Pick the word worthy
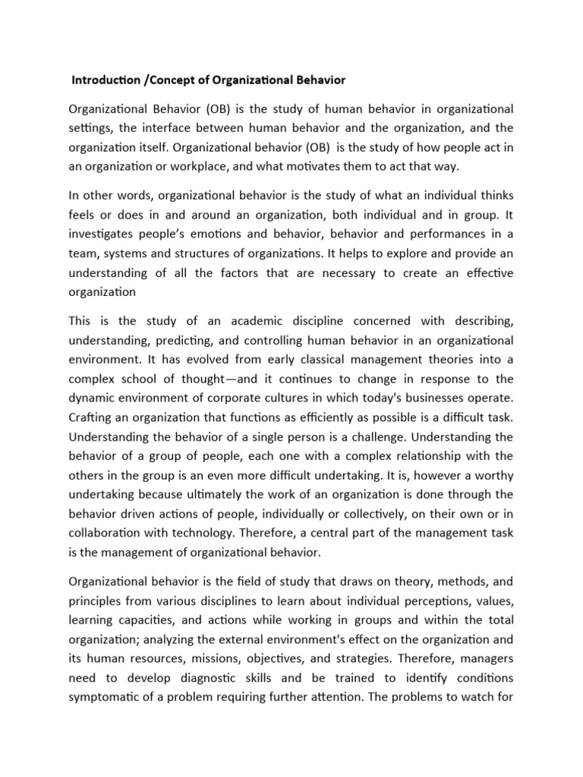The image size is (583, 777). point(491,477)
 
